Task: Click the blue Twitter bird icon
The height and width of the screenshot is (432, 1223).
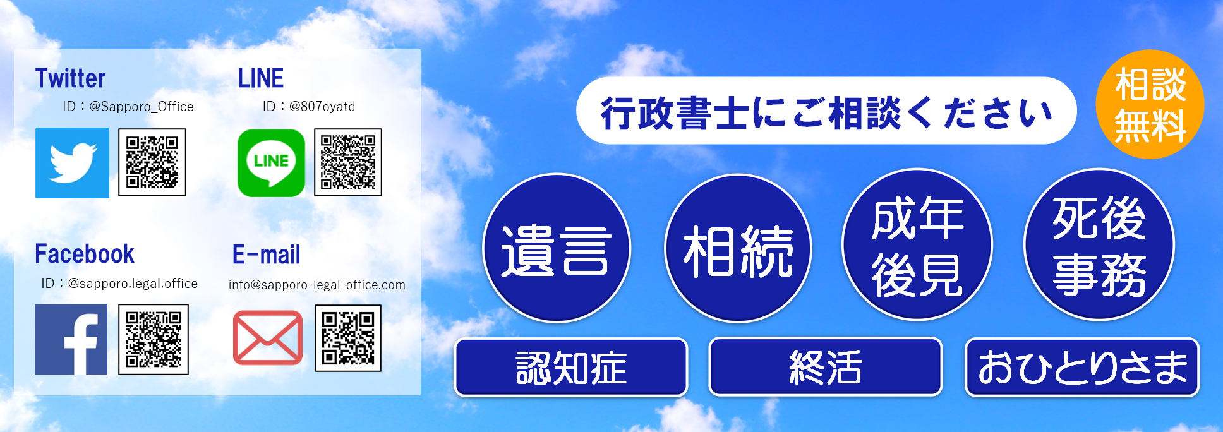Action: [72, 163]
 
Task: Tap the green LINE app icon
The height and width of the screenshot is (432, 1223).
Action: [271, 163]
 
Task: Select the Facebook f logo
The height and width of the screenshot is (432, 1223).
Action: [71, 339]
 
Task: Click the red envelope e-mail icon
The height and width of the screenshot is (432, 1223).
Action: [268, 338]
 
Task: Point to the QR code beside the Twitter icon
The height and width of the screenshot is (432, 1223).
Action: [152, 162]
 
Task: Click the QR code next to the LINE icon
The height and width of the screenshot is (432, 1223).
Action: [348, 162]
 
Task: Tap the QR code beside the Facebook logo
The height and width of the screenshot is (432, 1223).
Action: [154, 339]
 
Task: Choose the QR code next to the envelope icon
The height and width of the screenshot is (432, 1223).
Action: [348, 339]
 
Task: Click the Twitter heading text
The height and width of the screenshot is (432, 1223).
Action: [70, 78]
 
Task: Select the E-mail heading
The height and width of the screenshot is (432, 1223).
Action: [266, 255]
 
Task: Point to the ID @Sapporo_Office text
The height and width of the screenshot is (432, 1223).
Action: [128, 107]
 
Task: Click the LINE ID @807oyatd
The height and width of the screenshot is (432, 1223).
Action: [309, 107]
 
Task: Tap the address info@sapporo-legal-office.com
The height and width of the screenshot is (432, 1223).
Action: [317, 285]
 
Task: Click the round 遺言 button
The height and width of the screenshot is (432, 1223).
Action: [557, 248]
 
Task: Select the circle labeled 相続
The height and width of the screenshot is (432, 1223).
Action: [738, 248]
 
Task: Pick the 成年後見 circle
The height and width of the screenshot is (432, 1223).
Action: [917, 244]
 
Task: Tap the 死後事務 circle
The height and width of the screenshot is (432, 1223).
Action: [1099, 244]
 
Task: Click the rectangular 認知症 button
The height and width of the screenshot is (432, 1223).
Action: [571, 367]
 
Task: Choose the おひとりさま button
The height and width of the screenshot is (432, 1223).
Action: [1082, 367]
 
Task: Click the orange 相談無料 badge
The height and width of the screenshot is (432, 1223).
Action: [1150, 104]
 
